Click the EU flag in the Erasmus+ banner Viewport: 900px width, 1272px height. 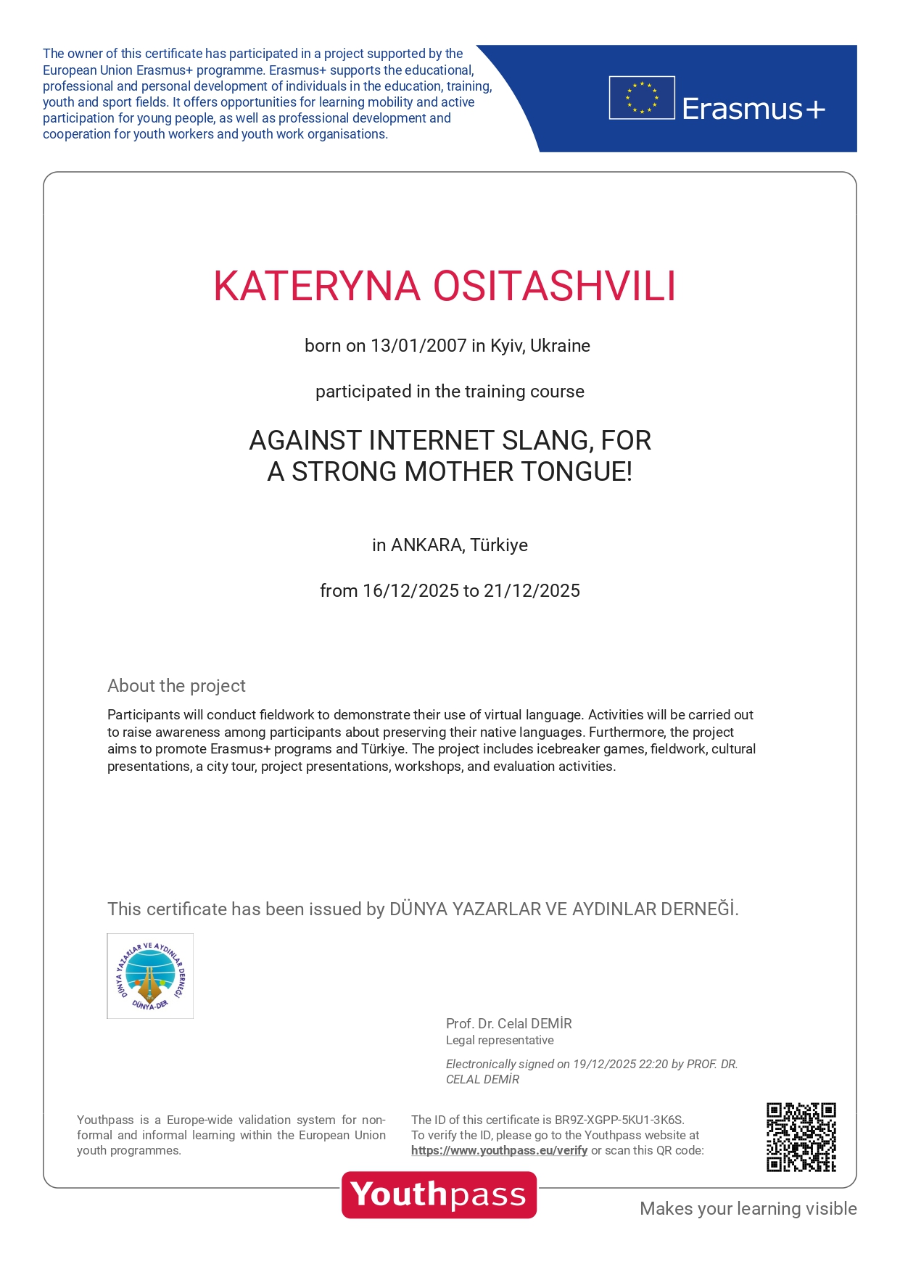click(642, 98)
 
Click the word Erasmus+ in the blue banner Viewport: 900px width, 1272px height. click(753, 109)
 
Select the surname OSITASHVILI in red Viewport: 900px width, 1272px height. click(555, 286)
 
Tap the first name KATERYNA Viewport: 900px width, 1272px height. click(317, 286)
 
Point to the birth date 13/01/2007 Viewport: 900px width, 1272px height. click(418, 346)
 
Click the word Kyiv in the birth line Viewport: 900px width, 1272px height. click(506, 346)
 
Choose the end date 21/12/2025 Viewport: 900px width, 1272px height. click(532, 591)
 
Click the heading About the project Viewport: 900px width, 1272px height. click(176, 686)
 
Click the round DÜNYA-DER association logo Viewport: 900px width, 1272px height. click(150, 976)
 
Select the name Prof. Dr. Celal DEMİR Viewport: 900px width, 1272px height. click(508, 1023)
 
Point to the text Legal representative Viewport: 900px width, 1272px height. click(500, 1040)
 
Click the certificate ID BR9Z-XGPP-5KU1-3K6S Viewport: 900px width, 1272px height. click(619, 1120)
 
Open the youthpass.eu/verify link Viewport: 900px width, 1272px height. click(499, 1150)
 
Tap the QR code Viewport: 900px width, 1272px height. click(801, 1137)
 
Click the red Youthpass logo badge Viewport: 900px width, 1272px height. click(439, 1194)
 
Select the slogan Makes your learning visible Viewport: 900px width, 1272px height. click(748, 1208)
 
